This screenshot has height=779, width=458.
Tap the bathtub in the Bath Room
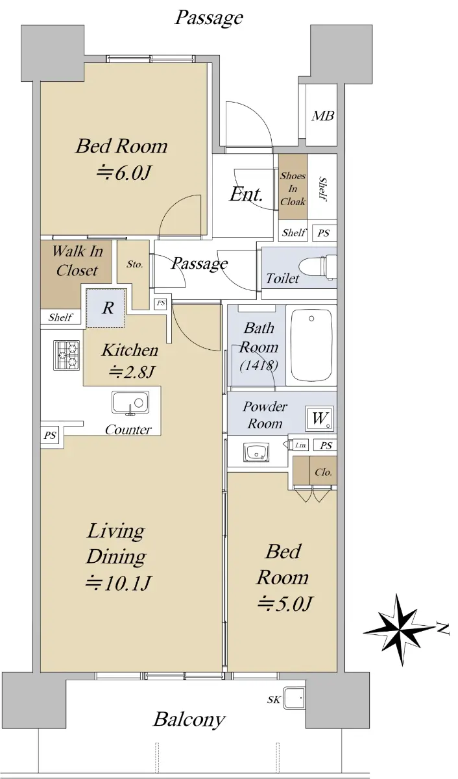(x=311, y=345)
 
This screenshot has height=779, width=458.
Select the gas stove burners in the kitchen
(x=66, y=355)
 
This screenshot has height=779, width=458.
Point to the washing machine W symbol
(x=319, y=417)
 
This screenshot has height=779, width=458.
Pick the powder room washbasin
(x=257, y=452)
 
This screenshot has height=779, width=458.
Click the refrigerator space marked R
(x=105, y=308)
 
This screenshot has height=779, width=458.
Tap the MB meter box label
(x=323, y=116)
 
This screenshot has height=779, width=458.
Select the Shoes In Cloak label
(x=293, y=188)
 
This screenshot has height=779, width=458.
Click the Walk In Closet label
(x=77, y=261)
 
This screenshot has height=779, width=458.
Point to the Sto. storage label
(x=134, y=264)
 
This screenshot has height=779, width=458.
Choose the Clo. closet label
(x=323, y=472)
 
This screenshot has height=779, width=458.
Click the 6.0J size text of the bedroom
(x=124, y=173)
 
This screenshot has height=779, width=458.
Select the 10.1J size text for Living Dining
(x=118, y=584)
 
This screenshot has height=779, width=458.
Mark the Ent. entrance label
(x=246, y=194)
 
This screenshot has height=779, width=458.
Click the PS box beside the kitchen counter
(x=50, y=436)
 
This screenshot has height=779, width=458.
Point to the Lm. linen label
(x=300, y=445)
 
